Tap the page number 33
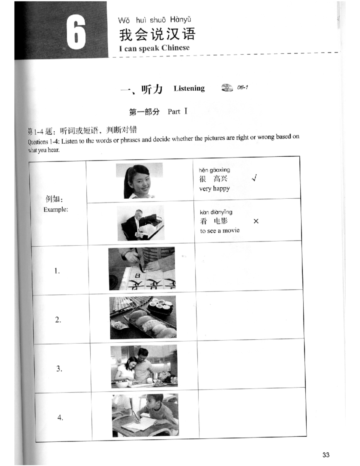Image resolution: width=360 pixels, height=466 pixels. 326,455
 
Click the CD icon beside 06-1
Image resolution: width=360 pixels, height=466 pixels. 227,88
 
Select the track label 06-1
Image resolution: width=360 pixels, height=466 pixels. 242,87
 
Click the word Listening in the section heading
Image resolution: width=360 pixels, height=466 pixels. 189,88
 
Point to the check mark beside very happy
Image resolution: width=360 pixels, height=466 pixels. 254,179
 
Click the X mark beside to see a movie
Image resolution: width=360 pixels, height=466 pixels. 256,221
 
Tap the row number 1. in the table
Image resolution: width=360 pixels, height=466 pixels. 57,271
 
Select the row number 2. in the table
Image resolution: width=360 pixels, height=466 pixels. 58,320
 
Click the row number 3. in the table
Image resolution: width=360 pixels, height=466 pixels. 59,368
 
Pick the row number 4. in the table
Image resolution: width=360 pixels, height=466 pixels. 60,417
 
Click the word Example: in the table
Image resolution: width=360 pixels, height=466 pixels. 56,209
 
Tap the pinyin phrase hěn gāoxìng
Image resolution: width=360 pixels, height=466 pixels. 214,170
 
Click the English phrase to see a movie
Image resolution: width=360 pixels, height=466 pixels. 220,230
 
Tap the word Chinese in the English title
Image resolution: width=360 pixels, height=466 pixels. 175,48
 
